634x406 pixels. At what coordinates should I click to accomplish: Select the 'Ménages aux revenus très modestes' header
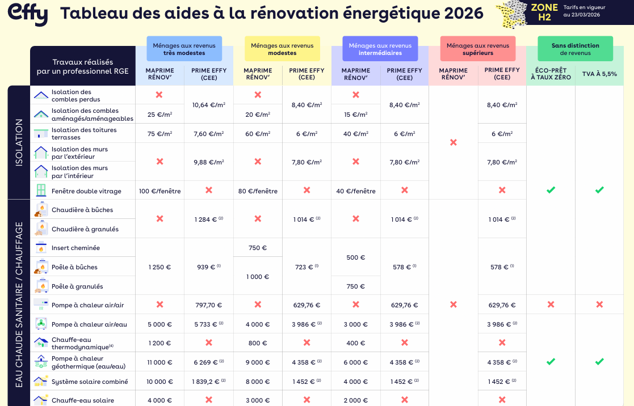pos(184,49)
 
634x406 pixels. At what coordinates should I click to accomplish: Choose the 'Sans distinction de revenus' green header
pos(575,49)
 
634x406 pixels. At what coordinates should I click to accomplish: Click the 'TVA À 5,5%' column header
pos(599,74)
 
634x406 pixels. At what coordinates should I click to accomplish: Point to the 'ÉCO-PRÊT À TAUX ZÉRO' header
pos(551,74)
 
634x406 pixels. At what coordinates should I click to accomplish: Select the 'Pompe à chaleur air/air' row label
pos(87,305)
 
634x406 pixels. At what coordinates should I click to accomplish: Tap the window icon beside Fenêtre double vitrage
pos(41,190)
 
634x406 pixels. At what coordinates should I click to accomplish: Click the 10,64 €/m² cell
pos(208,105)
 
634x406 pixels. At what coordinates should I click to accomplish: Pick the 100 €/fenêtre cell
pos(159,191)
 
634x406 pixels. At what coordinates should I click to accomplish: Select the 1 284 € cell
pos(208,219)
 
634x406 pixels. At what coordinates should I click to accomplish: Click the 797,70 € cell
pos(208,305)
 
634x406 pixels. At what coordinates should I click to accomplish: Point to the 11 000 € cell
pos(159,362)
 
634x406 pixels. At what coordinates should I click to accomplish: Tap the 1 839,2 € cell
pos(208,382)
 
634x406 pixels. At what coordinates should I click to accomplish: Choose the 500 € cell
pos(356,257)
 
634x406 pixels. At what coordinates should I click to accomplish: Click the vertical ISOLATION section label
pos(19,142)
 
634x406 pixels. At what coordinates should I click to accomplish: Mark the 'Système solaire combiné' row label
pos(90,382)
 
